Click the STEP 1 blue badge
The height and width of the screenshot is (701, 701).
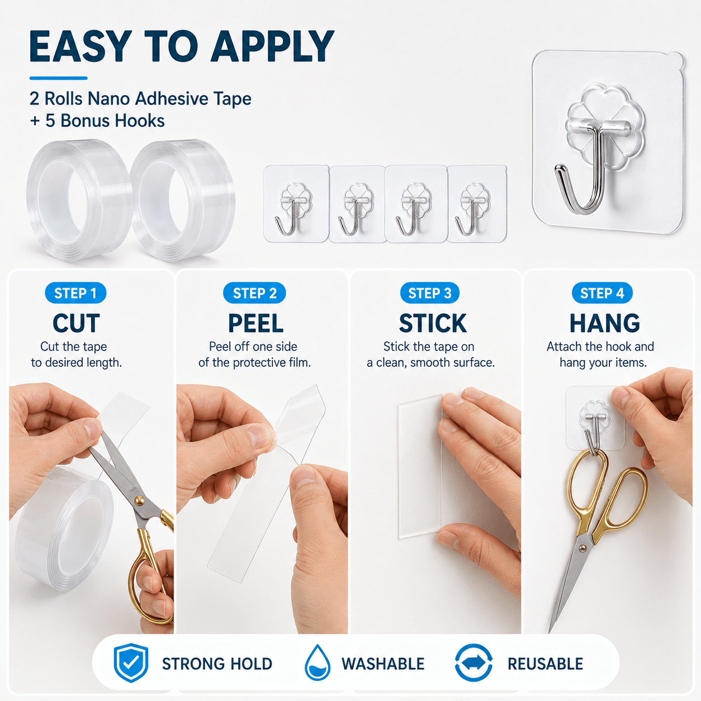coord(75,293)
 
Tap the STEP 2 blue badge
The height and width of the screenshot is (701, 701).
coord(255,293)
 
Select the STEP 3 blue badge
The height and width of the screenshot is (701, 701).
coord(430,293)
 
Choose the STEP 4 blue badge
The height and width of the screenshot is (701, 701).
coord(602,293)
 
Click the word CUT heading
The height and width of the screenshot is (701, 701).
coord(76,323)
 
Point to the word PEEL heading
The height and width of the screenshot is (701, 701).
coord(255,323)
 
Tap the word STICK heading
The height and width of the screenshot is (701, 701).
coord(433,323)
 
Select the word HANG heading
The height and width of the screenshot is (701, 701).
coord(605,323)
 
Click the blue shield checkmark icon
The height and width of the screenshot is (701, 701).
coord(131,663)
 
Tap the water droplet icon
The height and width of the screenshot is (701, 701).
coord(318,663)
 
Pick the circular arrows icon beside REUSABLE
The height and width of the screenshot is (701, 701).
coord(473,663)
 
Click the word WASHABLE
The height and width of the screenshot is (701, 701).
coord(383,664)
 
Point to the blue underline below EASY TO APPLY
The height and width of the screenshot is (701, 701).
coord(59,78)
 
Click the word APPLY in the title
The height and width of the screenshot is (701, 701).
coord(272,47)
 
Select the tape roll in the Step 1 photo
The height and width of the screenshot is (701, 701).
coord(64,531)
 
